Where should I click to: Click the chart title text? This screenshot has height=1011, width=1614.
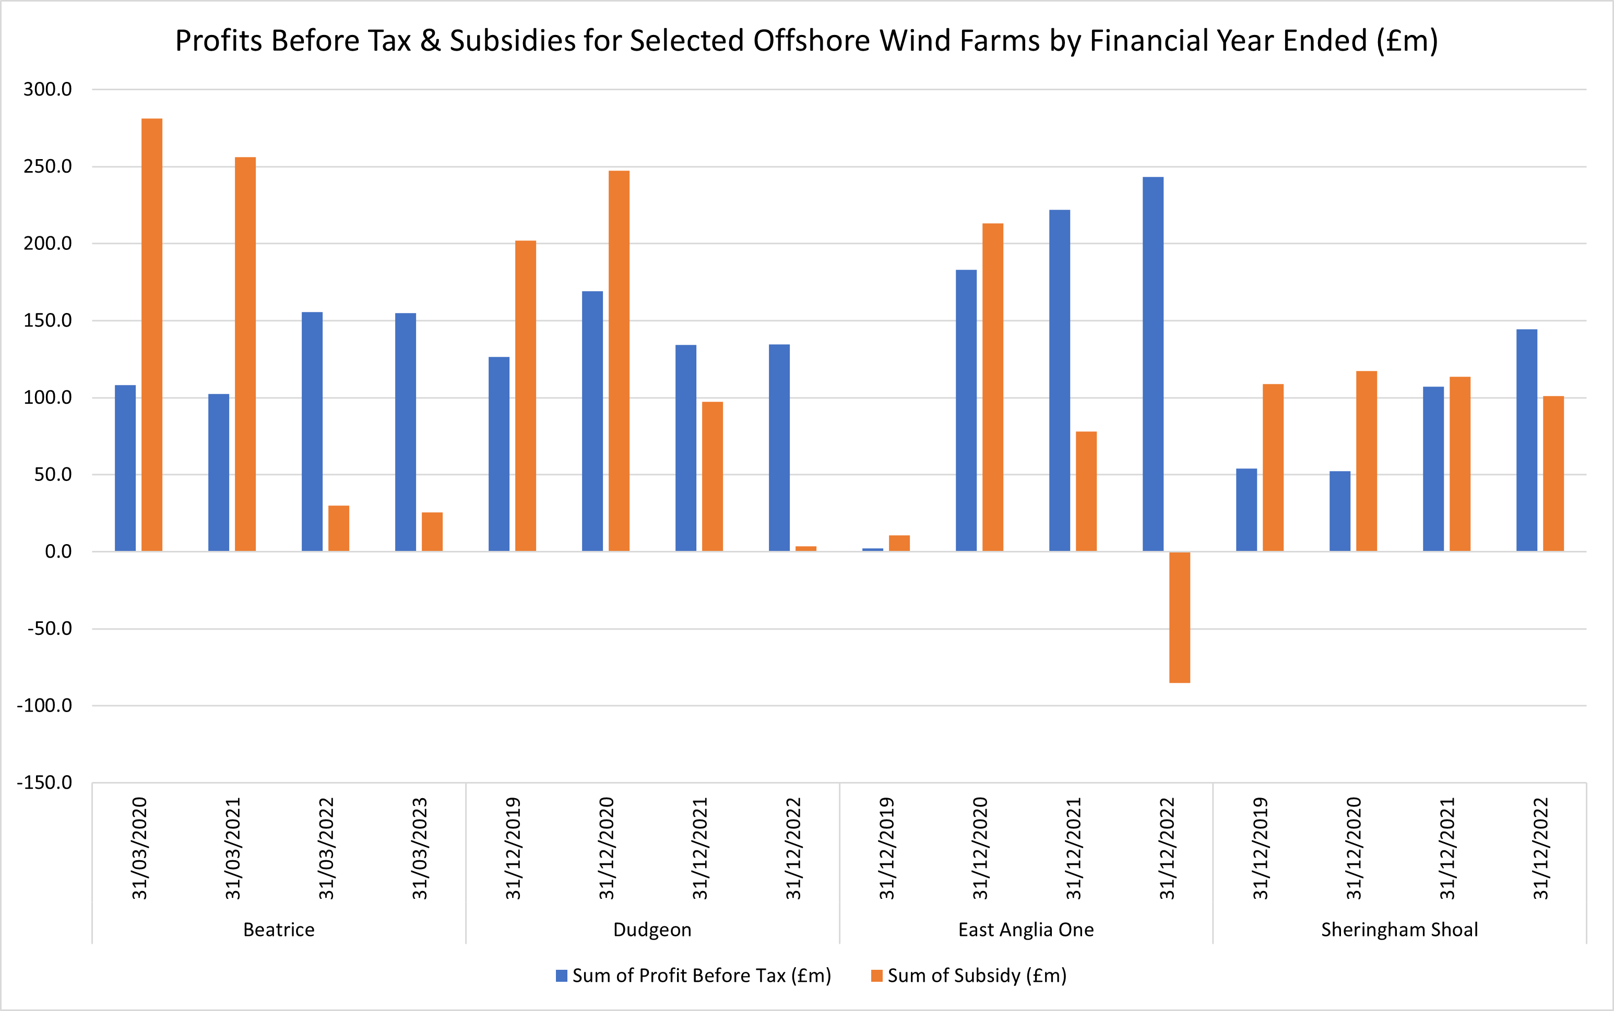[x=806, y=41]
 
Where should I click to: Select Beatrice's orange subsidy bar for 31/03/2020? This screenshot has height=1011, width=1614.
[x=152, y=334]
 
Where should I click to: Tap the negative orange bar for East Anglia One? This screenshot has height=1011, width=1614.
[x=1179, y=617]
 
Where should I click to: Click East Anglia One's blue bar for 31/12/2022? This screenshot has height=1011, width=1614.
[x=1153, y=365]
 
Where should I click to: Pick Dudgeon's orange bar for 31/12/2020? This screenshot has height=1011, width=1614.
[x=619, y=361]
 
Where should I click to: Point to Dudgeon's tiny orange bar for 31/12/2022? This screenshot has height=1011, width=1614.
[x=805, y=548]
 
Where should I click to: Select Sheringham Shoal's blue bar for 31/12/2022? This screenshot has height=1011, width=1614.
[x=1526, y=440]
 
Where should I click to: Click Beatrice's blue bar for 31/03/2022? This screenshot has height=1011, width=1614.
[x=312, y=431]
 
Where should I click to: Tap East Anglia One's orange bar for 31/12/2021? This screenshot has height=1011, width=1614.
[x=1086, y=491]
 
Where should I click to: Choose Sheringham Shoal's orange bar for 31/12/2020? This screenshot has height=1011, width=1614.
[x=1366, y=461]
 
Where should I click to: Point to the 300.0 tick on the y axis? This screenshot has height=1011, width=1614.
[x=48, y=89]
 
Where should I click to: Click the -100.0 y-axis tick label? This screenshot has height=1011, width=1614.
[x=44, y=705]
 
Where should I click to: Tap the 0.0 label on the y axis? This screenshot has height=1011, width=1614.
[x=58, y=551]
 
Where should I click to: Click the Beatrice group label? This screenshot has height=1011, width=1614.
[x=278, y=930]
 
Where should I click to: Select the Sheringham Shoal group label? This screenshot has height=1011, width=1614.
[x=1399, y=930]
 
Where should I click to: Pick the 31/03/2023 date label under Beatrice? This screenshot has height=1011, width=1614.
[x=419, y=848]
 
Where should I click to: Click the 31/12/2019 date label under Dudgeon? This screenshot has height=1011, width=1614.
[x=513, y=848]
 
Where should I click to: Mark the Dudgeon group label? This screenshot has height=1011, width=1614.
[x=652, y=930]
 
